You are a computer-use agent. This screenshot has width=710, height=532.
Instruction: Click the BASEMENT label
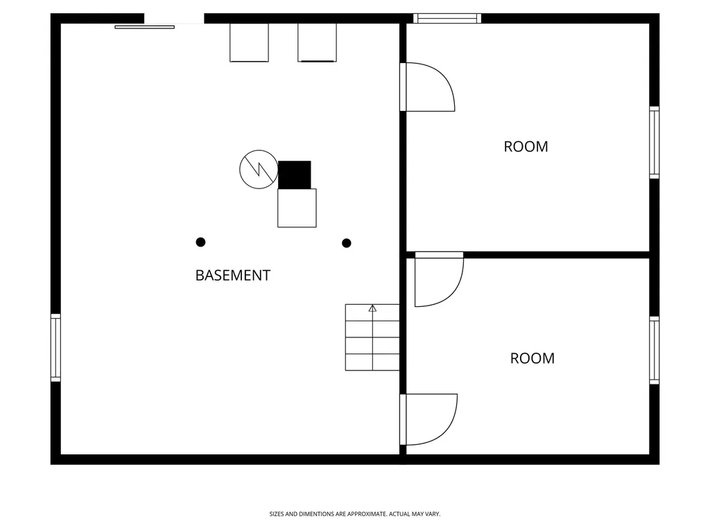(x=233, y=275)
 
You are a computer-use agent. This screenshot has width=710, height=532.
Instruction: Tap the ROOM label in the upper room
(x=526, y=147)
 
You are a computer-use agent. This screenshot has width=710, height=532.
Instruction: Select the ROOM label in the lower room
(x=532, y=358)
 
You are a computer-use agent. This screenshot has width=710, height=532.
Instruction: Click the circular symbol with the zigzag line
(x=259, y=169)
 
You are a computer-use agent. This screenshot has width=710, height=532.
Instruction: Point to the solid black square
(x=294, y=175)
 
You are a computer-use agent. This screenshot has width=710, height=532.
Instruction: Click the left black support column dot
(x=200, y=242)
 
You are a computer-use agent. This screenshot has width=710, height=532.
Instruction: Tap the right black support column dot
(x=347, y=243)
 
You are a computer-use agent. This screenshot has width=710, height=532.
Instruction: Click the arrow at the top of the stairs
(x=372, y=308)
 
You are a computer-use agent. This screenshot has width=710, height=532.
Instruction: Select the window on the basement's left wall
(x=55, y=348)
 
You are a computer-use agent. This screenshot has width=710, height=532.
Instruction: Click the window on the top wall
(x=447, y=18)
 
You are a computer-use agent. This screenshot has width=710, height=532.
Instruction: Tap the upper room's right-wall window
(x=655, y=143)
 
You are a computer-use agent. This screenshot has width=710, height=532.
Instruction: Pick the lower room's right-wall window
(x=655, y=351)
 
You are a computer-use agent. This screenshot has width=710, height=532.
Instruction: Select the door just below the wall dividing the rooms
(x=455, y=290)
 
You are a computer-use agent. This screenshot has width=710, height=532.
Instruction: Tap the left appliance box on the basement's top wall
(x=249, y=42)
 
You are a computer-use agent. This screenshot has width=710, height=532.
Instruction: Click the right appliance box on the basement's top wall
(x=317, y=42)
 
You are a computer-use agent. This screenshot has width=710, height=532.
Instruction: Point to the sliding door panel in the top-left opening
(x=144, y=27)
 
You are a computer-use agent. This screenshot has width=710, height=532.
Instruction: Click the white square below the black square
(x=297, y=208)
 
